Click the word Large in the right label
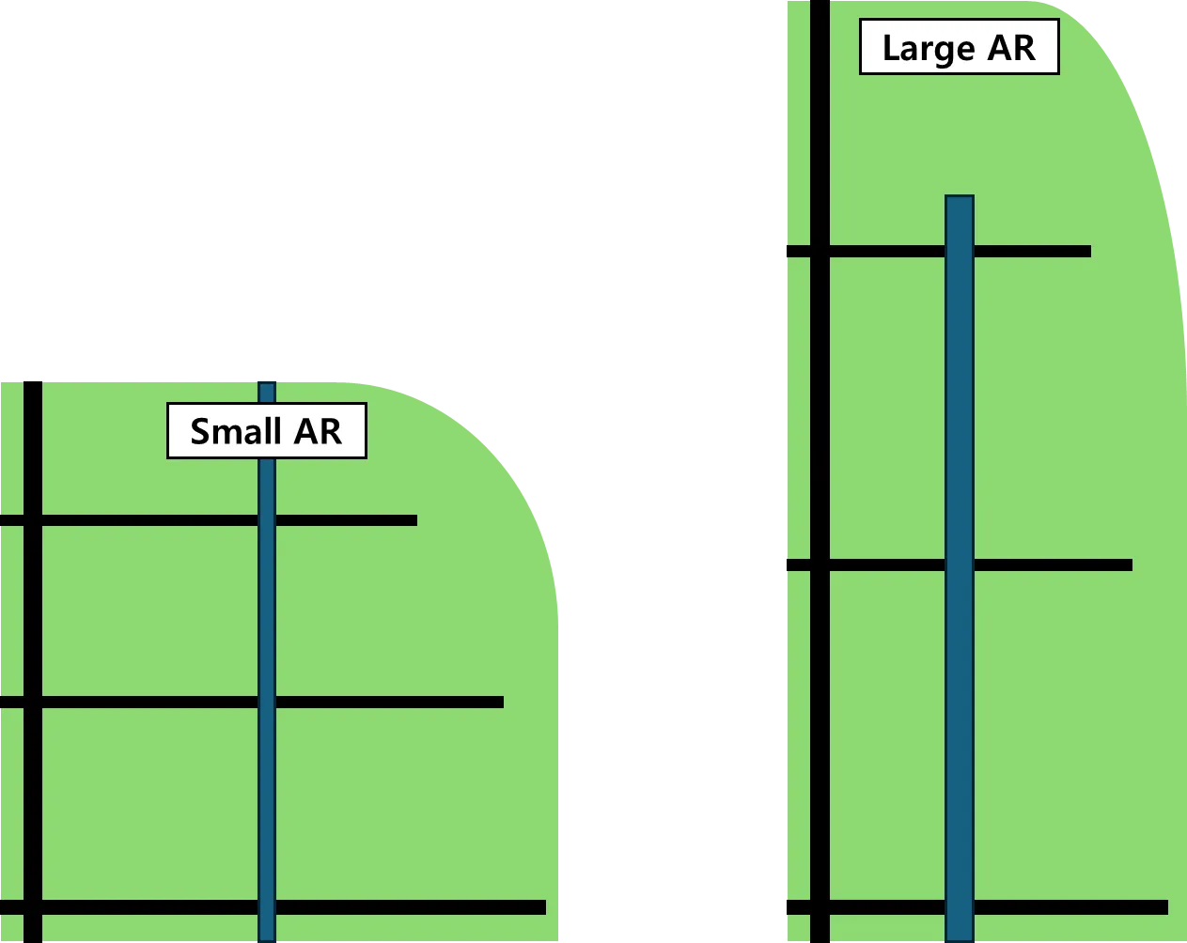[x=929, y=48]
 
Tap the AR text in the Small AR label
[x=318, y=431]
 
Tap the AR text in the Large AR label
[x=1011, y=48]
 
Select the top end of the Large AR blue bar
[x=959, y=198]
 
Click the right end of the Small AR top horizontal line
[x=414, y=520]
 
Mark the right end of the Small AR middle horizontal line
[x=501, y=703]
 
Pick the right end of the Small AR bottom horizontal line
[x=543, y=907]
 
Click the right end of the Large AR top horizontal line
[x=1088, y=252]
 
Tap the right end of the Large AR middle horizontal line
[x=1130, y=565]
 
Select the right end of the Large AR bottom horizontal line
[x=1165, y=907]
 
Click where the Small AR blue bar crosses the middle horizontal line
[x=267, y=703]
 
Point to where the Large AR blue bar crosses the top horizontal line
[x=959, y=252]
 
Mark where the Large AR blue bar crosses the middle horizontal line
[x=959, y=565]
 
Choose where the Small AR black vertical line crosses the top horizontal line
[x=33, y=520]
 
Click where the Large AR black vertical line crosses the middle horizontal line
[x=820, y=565]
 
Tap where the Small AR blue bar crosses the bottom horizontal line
[x=267, y=907]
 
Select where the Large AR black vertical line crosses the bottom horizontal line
[x=820, y=907]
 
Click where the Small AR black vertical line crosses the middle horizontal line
[x=33, y=703]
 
